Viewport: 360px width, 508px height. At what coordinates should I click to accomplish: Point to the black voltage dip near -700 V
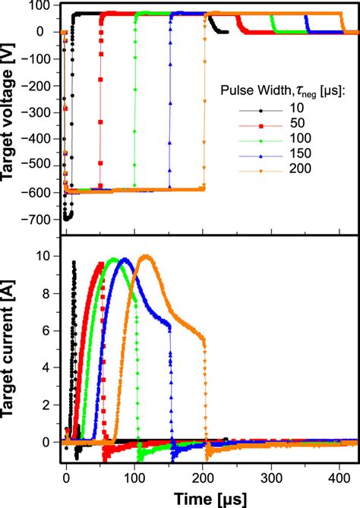coord(68,217)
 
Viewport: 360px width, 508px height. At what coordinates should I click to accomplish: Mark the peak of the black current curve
coord(74,262)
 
